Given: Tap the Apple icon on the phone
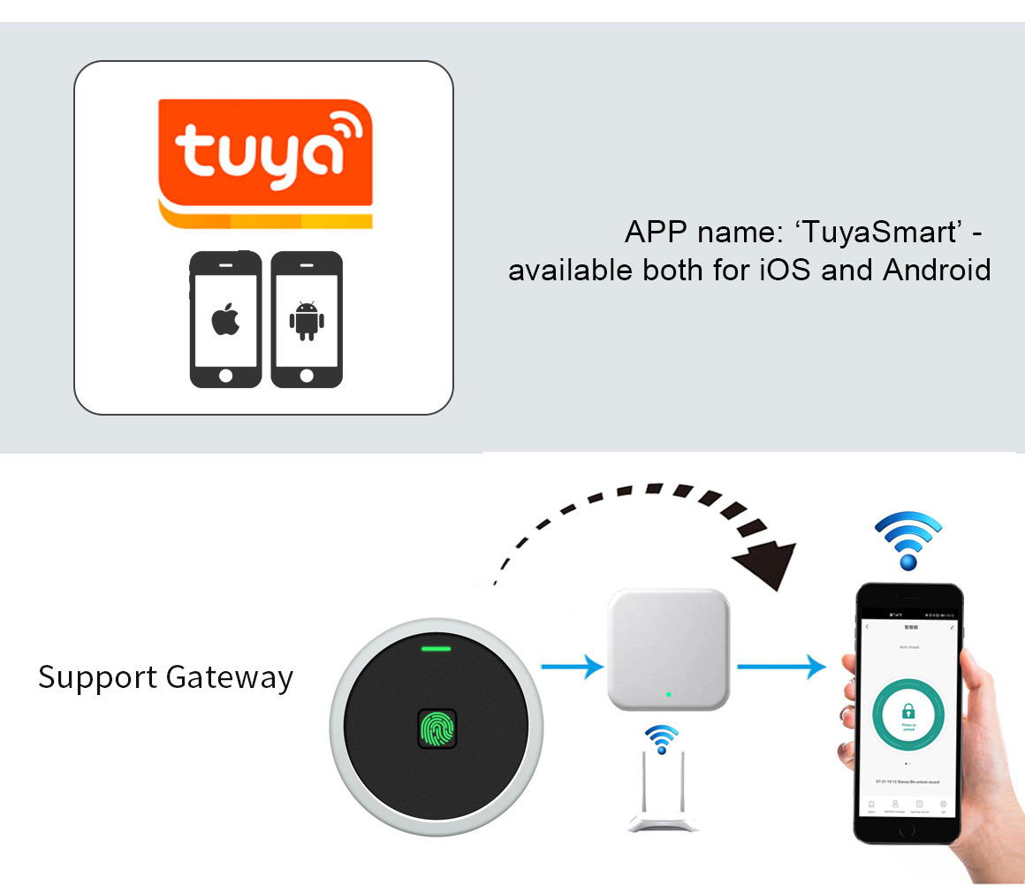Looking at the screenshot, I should [x=225, y=319].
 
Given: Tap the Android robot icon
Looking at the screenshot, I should [x=306, y=320].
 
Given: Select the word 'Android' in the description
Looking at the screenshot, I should [x=937, y=269].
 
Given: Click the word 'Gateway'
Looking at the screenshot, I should [x=229, y=677].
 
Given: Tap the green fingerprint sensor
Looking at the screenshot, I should [x=437, y=730].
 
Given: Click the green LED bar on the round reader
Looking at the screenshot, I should [x=437, y=649].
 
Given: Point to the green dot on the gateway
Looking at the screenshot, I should [x=669, y=695].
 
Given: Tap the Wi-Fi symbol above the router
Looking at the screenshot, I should [x=661, y=738].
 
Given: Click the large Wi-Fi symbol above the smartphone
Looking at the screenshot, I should [x=908, y=539].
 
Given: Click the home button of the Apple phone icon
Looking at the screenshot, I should [x=225, y=375].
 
